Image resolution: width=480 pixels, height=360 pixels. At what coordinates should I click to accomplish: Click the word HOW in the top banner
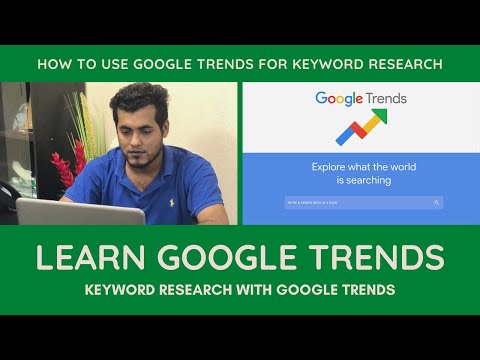coord(53,64)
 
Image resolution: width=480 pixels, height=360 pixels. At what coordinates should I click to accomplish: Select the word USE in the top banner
coord(105,64)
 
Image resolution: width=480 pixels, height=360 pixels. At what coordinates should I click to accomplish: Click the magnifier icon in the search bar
coord(437,202)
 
